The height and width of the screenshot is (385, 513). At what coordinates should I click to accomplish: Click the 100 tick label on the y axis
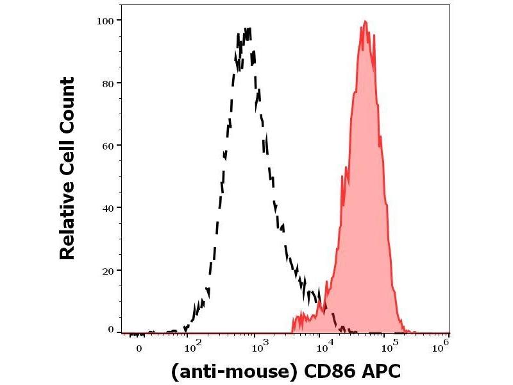click(105, 21)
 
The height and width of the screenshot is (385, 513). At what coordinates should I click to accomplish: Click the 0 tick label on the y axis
click(110, 330)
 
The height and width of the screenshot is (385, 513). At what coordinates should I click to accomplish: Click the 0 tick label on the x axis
click(139, 348)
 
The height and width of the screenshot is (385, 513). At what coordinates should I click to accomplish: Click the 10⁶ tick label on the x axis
click(440, 347)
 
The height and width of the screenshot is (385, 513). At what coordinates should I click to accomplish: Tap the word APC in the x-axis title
click(381, 372)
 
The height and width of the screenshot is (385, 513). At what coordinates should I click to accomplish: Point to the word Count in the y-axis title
click(67, 104)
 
